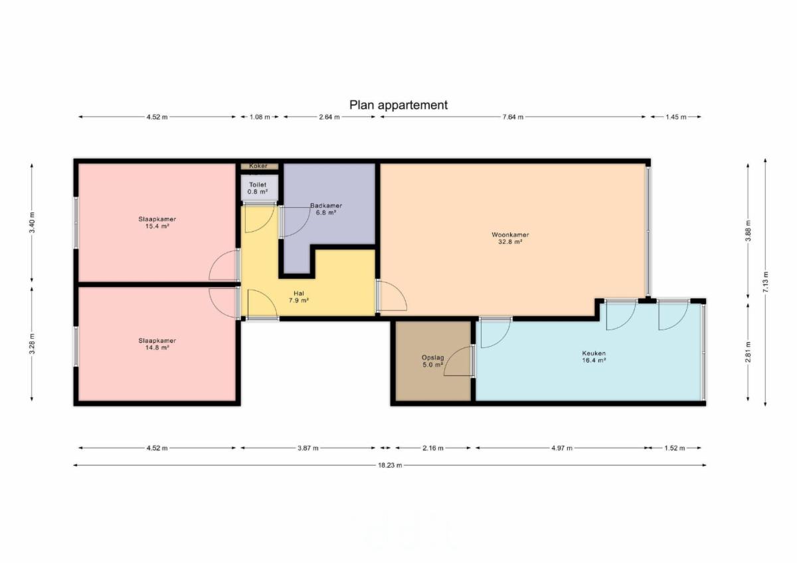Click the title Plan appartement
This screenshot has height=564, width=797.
coord(398,105)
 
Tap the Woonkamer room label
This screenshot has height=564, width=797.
coord(510,238)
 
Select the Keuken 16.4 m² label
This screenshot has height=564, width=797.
coord(594,357)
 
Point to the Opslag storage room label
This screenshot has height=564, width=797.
coord(432,361)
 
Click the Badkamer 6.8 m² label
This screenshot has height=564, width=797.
coord(326,209)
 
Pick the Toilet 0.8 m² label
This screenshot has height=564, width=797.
coord(258,188)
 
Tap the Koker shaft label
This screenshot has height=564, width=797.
coord(258,166)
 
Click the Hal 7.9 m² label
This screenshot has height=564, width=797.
coord(298,297)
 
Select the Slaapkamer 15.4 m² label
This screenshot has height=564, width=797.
coord(157,223)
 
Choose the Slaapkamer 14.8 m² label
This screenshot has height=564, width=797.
coord(157,344)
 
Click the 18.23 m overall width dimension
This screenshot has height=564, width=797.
coord(390,465)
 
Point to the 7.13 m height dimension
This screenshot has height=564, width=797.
coord(766,282)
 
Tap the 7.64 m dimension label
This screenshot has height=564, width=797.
coord(513,117)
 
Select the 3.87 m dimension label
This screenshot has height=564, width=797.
coord(308,448)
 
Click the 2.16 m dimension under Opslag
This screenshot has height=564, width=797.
coord(433,448)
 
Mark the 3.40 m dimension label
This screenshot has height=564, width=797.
coord(32,223)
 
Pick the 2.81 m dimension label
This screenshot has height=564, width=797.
coord(749,352)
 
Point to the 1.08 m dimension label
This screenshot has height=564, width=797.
coord(260,117)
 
